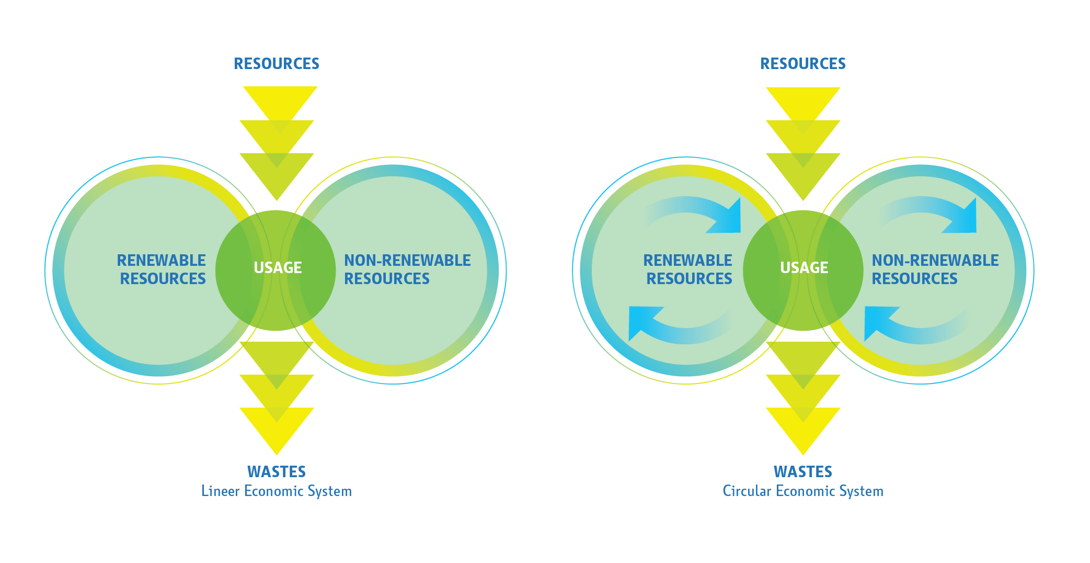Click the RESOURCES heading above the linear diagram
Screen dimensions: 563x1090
click(277, 64)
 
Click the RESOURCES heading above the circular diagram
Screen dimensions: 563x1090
click(803, 64)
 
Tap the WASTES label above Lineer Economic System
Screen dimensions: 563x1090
click(277, 471)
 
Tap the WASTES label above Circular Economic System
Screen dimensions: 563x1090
click(803, 471)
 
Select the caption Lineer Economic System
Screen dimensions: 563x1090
click(277, 491)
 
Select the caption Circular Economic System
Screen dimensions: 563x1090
click(803, 491)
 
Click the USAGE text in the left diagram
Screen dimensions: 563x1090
click(278, 268)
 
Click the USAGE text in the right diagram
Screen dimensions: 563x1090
click(804, 268)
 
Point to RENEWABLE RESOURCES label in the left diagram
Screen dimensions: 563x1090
click(162, 269)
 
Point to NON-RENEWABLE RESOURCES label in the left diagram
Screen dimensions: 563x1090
click(407, 269)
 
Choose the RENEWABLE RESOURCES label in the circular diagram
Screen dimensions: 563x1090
click(688, 269)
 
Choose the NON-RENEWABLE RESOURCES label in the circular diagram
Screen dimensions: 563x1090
click(935, 269)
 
